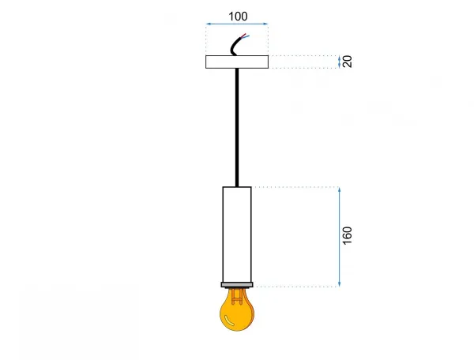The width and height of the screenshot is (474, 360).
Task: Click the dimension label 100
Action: tap(238, 17)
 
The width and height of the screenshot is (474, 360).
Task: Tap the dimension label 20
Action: tap(348, 62)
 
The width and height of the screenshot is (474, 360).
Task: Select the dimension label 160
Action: tap(348, 235)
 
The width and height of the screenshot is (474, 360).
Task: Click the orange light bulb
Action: tap(237, 309)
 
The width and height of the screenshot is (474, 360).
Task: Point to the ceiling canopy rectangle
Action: tap(237, 62)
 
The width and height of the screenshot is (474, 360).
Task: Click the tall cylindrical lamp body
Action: tap(237, 234)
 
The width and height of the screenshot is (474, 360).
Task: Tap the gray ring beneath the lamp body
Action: tap(237, 284)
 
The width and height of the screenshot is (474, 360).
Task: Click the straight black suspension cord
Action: tap(237, 127)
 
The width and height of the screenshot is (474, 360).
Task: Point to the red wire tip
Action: tap(246, 34)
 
